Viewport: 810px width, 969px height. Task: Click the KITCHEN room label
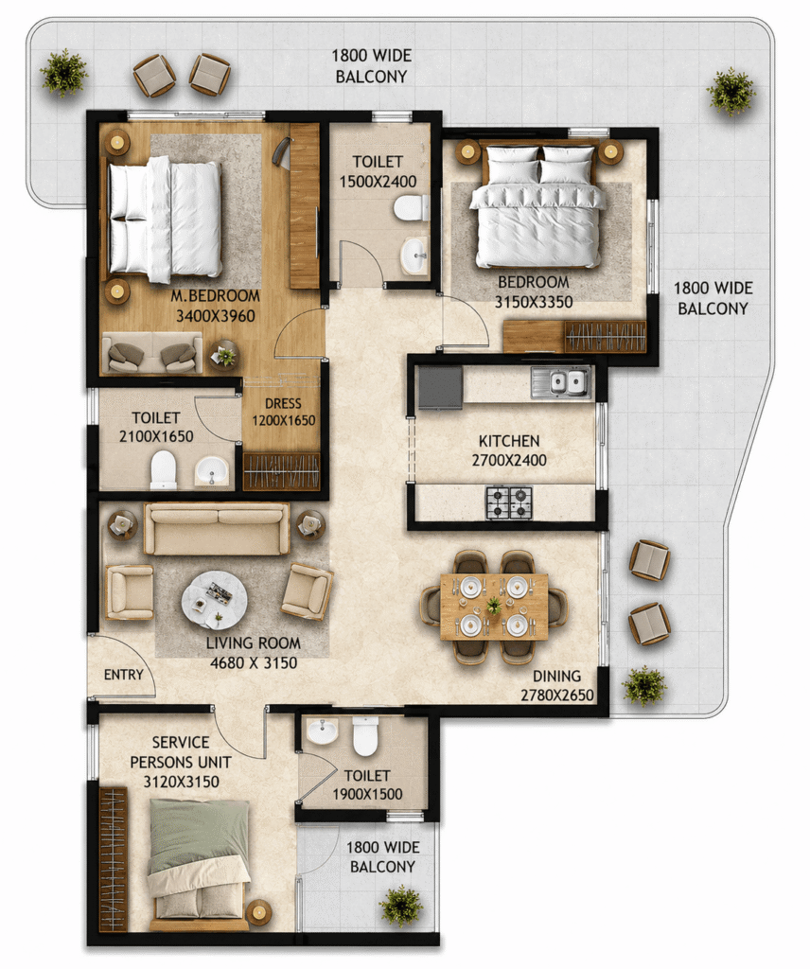tap(508, 441)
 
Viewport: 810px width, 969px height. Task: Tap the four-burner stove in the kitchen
tap(509, 502)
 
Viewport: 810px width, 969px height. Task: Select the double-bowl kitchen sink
tap(560, 382)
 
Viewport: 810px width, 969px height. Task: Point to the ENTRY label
tap(124, 675)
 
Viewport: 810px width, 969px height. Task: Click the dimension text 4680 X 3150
tap(254, 663)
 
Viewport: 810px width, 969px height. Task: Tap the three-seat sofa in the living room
tap(217, 529)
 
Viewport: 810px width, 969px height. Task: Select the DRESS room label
tap(283, 404)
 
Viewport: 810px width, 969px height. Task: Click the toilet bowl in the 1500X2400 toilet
tap(411, 206)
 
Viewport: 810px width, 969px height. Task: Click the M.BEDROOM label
tap(215, 296)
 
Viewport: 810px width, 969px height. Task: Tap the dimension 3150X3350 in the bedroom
tap(533, 302)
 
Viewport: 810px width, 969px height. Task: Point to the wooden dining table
tap(494, 607)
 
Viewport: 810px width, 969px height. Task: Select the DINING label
tap(556, 676)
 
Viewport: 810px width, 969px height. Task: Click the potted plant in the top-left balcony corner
tap(63, 73)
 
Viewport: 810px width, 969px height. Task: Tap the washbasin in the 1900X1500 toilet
tap(323, 731)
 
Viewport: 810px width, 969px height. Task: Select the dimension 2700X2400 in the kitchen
tap(509, 461)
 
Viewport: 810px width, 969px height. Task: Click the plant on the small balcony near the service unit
tap(401, 907)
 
